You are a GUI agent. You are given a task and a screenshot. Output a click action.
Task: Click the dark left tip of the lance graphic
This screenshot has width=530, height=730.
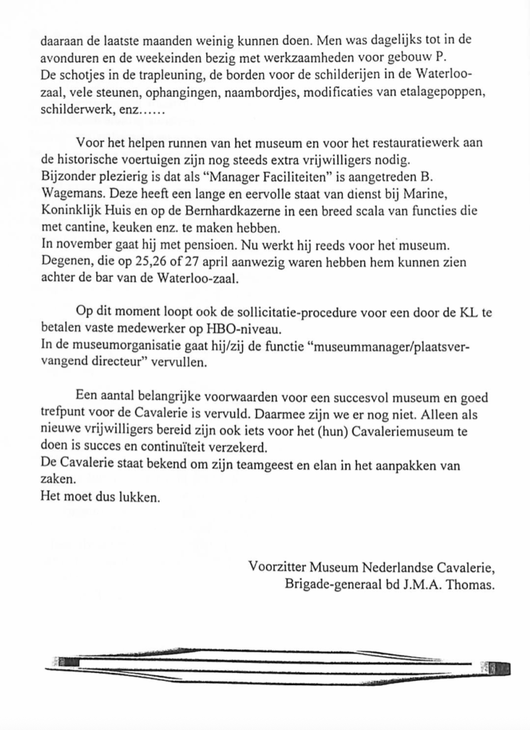[x=69, y=662]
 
